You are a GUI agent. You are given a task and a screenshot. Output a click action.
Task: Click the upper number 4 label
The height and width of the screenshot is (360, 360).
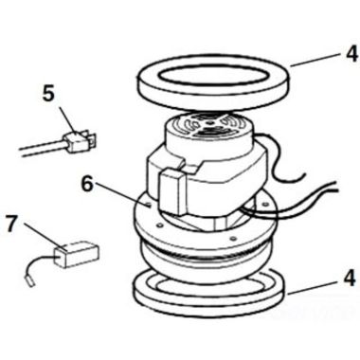pos(351,54)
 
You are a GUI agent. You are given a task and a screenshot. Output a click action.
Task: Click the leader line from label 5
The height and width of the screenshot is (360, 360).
pos(62,114)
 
